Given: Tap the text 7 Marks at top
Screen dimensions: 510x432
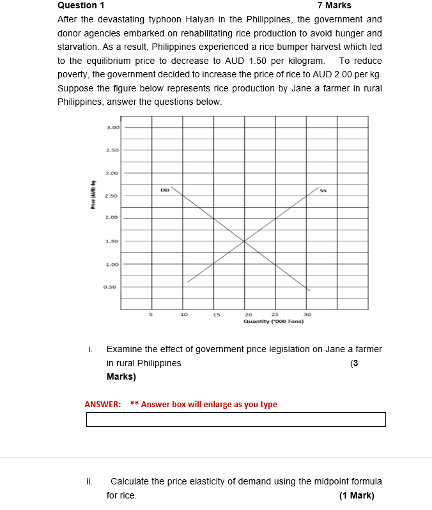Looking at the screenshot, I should [334, 5].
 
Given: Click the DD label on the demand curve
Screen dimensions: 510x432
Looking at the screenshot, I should [165, 190].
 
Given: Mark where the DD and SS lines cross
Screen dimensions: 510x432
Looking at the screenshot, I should [244, 241].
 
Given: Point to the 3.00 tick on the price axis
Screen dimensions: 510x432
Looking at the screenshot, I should [112, 128].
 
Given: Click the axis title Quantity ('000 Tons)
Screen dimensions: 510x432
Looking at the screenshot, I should [273, 321].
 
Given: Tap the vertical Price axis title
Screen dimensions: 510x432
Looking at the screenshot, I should [93, 196].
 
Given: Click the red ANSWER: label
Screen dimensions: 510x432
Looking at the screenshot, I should [103, 405].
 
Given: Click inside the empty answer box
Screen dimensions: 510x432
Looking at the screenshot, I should [236, 419].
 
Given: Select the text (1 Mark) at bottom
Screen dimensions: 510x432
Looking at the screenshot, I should [357, 496].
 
